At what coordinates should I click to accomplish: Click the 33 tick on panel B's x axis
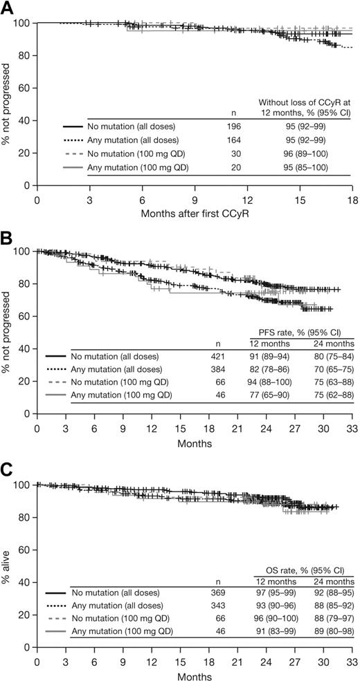coord(352,426)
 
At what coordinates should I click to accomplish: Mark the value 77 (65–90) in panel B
coord(271,396)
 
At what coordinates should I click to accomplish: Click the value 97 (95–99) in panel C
coord(271,593)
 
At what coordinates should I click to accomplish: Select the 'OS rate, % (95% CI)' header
coord(299,567)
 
